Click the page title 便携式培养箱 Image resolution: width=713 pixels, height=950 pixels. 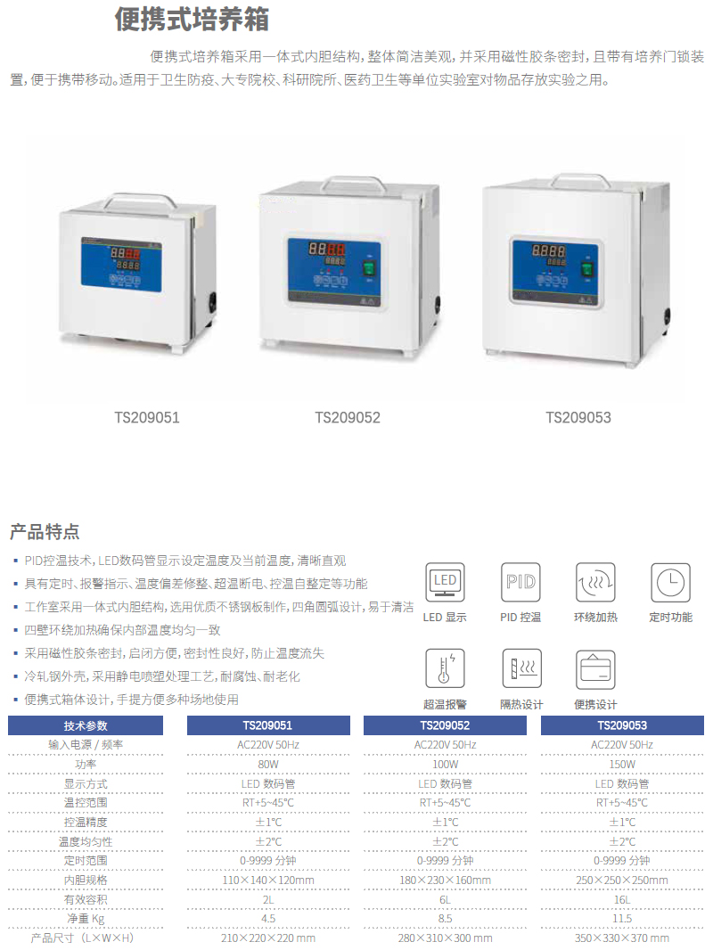click(192, 19)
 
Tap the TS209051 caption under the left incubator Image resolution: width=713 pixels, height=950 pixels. click(147, 417)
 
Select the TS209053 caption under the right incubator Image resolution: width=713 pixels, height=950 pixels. click(578, 417)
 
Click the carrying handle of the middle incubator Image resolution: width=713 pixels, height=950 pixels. click(353, 183)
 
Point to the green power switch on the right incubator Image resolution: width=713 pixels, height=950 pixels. click(586, 267)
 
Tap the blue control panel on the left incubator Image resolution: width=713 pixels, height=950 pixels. click(122, 265)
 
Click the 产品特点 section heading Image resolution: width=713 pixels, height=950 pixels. click(45, 531)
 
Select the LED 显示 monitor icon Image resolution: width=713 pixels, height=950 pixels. click(445, 582)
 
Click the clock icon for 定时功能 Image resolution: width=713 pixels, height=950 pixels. click(670, 582)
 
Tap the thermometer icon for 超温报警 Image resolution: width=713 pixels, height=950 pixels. click(445, 668)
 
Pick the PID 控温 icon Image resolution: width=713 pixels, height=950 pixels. click(520, 582)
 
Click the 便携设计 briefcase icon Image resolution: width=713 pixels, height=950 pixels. click(595, 669)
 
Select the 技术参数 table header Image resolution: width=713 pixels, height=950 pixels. click(86, 725)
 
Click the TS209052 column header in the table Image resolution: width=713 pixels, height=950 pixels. click(445, 725)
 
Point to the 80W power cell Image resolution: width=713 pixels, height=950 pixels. click(268, 764)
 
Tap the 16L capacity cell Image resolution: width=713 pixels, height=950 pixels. click(622, 900)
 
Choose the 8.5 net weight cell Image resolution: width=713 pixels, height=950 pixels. click(446, 919)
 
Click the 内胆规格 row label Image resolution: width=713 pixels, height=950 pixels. click(86, 880)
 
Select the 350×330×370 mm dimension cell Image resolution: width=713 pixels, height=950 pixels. click(622, 938)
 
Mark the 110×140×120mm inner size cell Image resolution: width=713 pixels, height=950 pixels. click(268, 880)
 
